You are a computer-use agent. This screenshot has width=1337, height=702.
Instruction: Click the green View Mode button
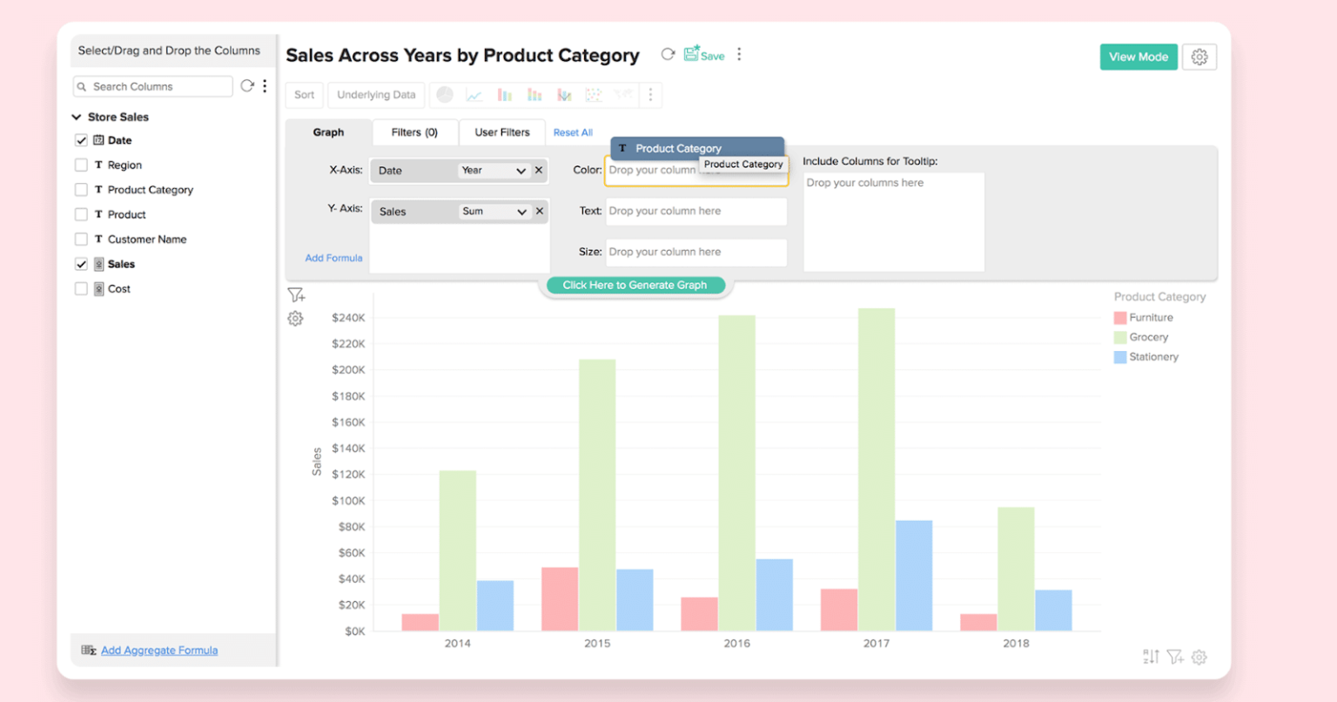point(1138,57)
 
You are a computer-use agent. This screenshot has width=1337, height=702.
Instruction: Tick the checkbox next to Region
point(81,165)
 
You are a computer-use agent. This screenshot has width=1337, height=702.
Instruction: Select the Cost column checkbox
point(81,288)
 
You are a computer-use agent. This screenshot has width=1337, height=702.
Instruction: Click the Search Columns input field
point(157,86)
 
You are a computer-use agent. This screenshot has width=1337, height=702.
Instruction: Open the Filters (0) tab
point(414,132)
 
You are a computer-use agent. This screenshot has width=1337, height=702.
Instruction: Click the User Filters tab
point(501,132)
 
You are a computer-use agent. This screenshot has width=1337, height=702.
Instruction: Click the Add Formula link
point(333,258)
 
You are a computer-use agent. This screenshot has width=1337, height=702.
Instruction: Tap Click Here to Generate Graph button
point(635,285)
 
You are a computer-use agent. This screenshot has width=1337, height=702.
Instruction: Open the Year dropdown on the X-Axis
point(494,171)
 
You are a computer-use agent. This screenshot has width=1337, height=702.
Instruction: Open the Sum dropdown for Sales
point(494,212)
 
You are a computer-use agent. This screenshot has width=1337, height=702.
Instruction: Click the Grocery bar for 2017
point(876,470)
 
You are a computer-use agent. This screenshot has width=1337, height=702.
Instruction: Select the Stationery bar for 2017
point(913,575)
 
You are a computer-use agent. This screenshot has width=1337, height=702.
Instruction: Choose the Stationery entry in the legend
point(1152,357)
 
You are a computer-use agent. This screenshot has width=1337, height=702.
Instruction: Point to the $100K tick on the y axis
point(348,501)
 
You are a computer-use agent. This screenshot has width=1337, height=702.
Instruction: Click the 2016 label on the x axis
point(736,644)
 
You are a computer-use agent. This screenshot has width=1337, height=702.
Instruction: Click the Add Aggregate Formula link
point(159,651)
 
